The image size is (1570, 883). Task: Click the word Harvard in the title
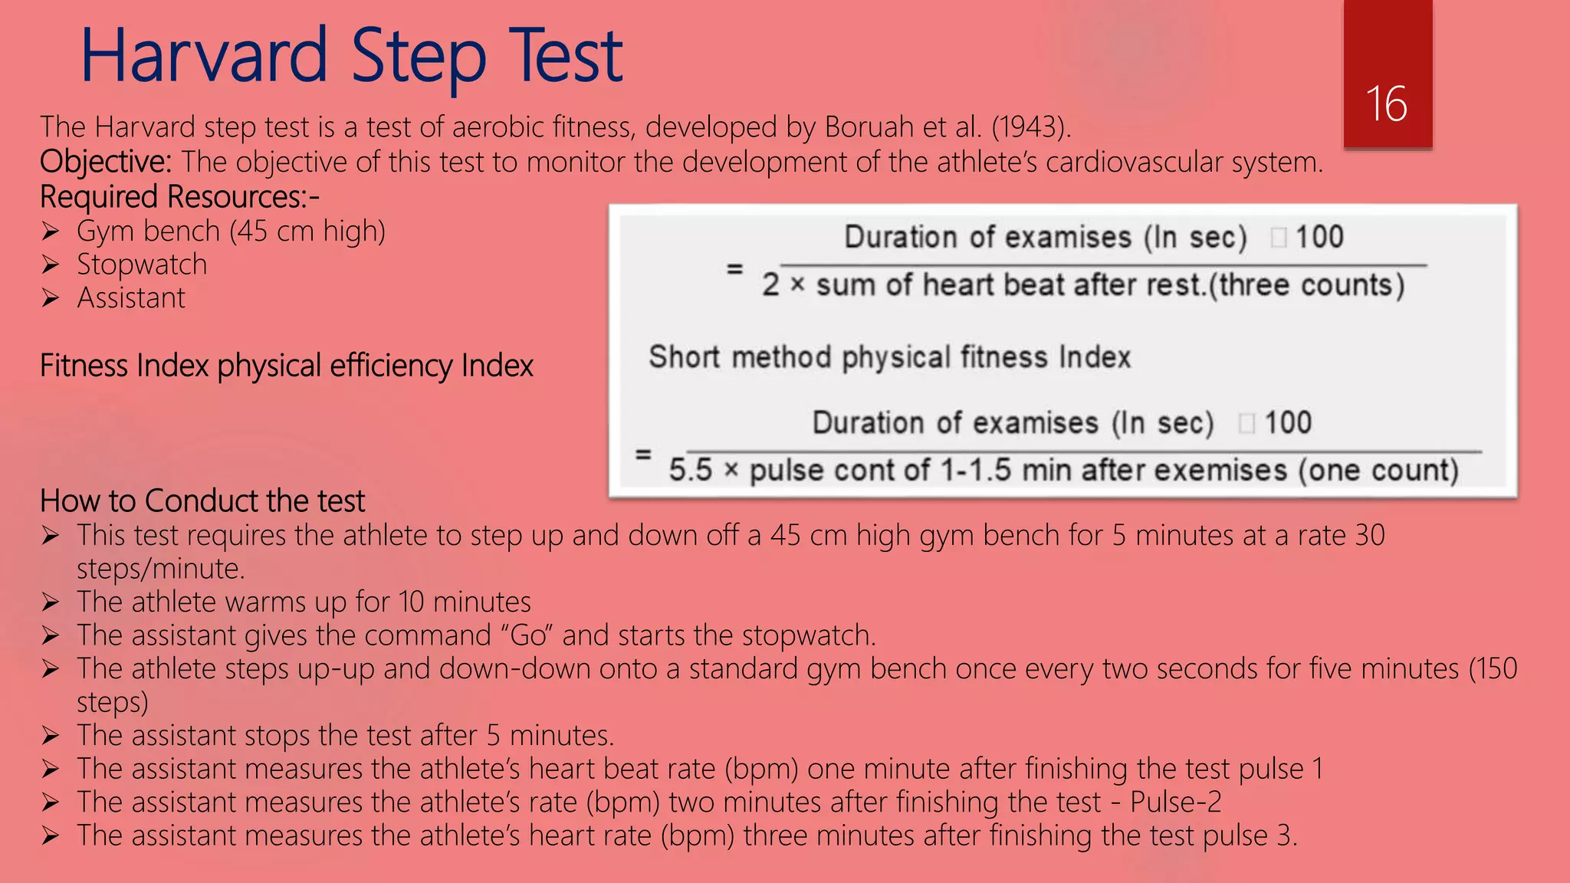(205, 55)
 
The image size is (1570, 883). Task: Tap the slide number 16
(1386, 104)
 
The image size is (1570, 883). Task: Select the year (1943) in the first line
(1030, 127)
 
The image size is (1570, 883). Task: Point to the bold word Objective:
(106, 162)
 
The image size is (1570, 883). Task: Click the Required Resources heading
(179, 197)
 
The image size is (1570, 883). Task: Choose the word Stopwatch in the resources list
(142, 264)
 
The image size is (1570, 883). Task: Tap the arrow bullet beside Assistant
(51, 297)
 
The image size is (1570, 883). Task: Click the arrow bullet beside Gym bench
(51, 231)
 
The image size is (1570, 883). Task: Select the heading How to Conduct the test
(202, 501)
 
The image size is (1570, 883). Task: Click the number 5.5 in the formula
(690, 470)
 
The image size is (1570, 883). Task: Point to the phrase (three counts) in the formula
(1307, 285)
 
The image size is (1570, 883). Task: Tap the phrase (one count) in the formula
(1378, 470)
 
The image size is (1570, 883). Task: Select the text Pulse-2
(1176, 802)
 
